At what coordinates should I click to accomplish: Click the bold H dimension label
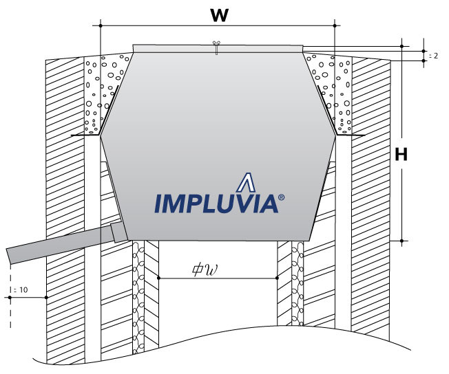pyautogui.click(x=401, y=155)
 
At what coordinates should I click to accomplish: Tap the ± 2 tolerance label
pyautogui.click(x=432, y=55)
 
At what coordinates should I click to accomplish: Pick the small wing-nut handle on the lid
pyautogui.click(x=216, y=47)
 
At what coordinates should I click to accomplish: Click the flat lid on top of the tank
pyautogui.click(x=217, y=47)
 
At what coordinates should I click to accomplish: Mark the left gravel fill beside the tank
pyautogui.click(x=103, y=93)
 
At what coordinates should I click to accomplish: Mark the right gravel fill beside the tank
pyautogui.click(x=333, y=93)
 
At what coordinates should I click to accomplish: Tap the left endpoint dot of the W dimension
pyautogui.click(x=101, y=26)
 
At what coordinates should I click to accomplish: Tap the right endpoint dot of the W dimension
pyautogui.click(x=334, y=26)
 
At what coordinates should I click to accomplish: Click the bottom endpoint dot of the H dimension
pyautogui.click(x=402, y=241)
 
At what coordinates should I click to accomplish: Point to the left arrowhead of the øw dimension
pyautogui.click(x=160, y=278)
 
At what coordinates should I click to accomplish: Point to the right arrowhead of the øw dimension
pyautogui.click(x=276, y=278)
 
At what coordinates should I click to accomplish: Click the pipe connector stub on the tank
pyautogui.click(x=116, y=232)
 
